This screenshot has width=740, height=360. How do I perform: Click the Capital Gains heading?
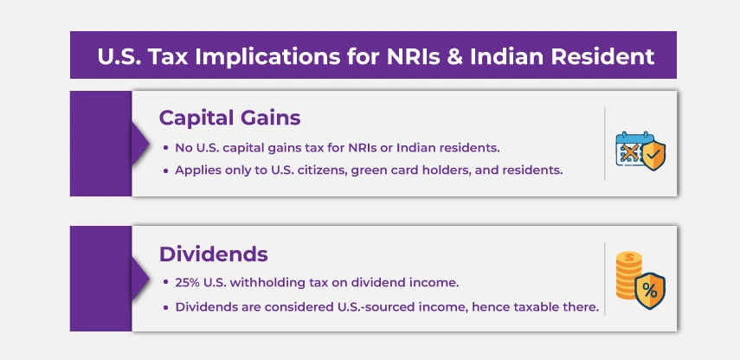coord(229,118)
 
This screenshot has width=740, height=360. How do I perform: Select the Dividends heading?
coord(213,254)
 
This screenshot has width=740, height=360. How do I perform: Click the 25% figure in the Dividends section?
coord(187,283)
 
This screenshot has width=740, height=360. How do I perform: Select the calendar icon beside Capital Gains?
coord(632,149)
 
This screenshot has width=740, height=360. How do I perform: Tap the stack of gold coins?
coord(628,275)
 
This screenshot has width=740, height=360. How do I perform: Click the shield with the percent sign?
coord(650,291)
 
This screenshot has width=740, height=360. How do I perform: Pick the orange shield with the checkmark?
coord(653,156)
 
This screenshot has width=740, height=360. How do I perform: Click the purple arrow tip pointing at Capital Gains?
coord(149,144)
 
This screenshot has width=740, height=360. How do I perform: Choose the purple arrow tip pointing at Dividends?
coord(149,279)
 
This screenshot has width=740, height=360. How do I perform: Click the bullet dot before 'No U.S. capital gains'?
coord(165,148)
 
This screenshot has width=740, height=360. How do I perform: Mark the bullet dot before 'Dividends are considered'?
coord(165,307)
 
